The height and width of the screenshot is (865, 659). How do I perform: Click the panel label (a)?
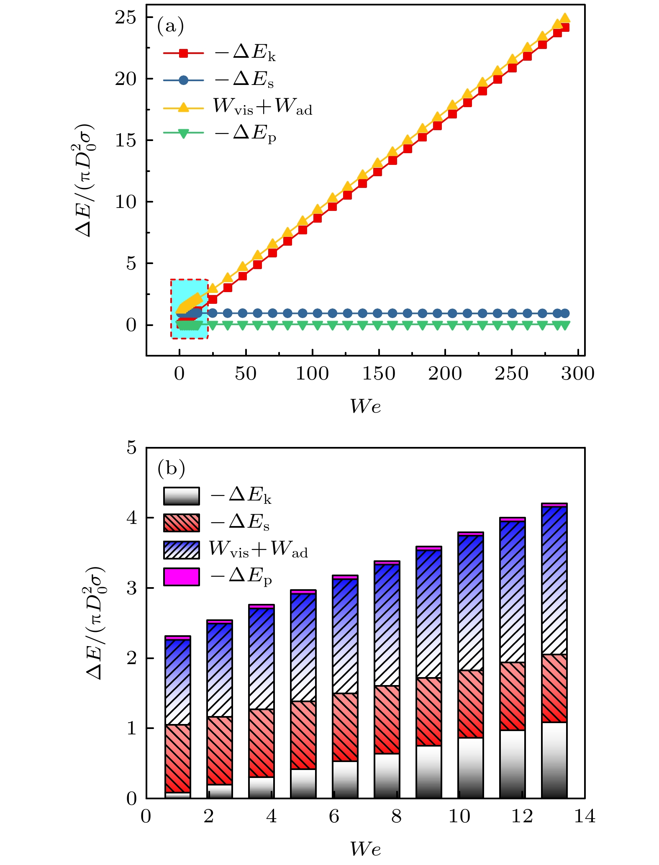[170, 26]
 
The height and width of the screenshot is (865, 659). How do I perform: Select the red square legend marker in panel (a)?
[183, 53]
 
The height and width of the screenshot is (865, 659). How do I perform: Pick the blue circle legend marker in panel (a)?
[183, 80]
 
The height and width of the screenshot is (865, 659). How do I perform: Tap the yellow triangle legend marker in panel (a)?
[183, 107]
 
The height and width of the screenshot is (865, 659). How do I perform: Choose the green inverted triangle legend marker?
[183, 133]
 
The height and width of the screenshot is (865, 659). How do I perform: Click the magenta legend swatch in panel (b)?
[181, 577]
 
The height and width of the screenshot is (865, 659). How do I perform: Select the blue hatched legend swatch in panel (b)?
[181, 550]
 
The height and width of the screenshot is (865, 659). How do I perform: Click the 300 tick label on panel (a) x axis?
[578, 374]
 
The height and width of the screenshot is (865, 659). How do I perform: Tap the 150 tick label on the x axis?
[378, 374]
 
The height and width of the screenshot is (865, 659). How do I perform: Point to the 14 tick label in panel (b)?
[585, 816]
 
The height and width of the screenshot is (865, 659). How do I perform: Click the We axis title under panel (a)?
[365, 406]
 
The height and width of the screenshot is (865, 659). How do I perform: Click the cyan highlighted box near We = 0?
[189, 309]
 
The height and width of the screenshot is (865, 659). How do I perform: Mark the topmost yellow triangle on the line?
[565, 18]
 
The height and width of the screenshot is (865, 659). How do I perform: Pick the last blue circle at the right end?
[565, 313]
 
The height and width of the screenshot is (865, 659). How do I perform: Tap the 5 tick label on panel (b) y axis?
[132, 448]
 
